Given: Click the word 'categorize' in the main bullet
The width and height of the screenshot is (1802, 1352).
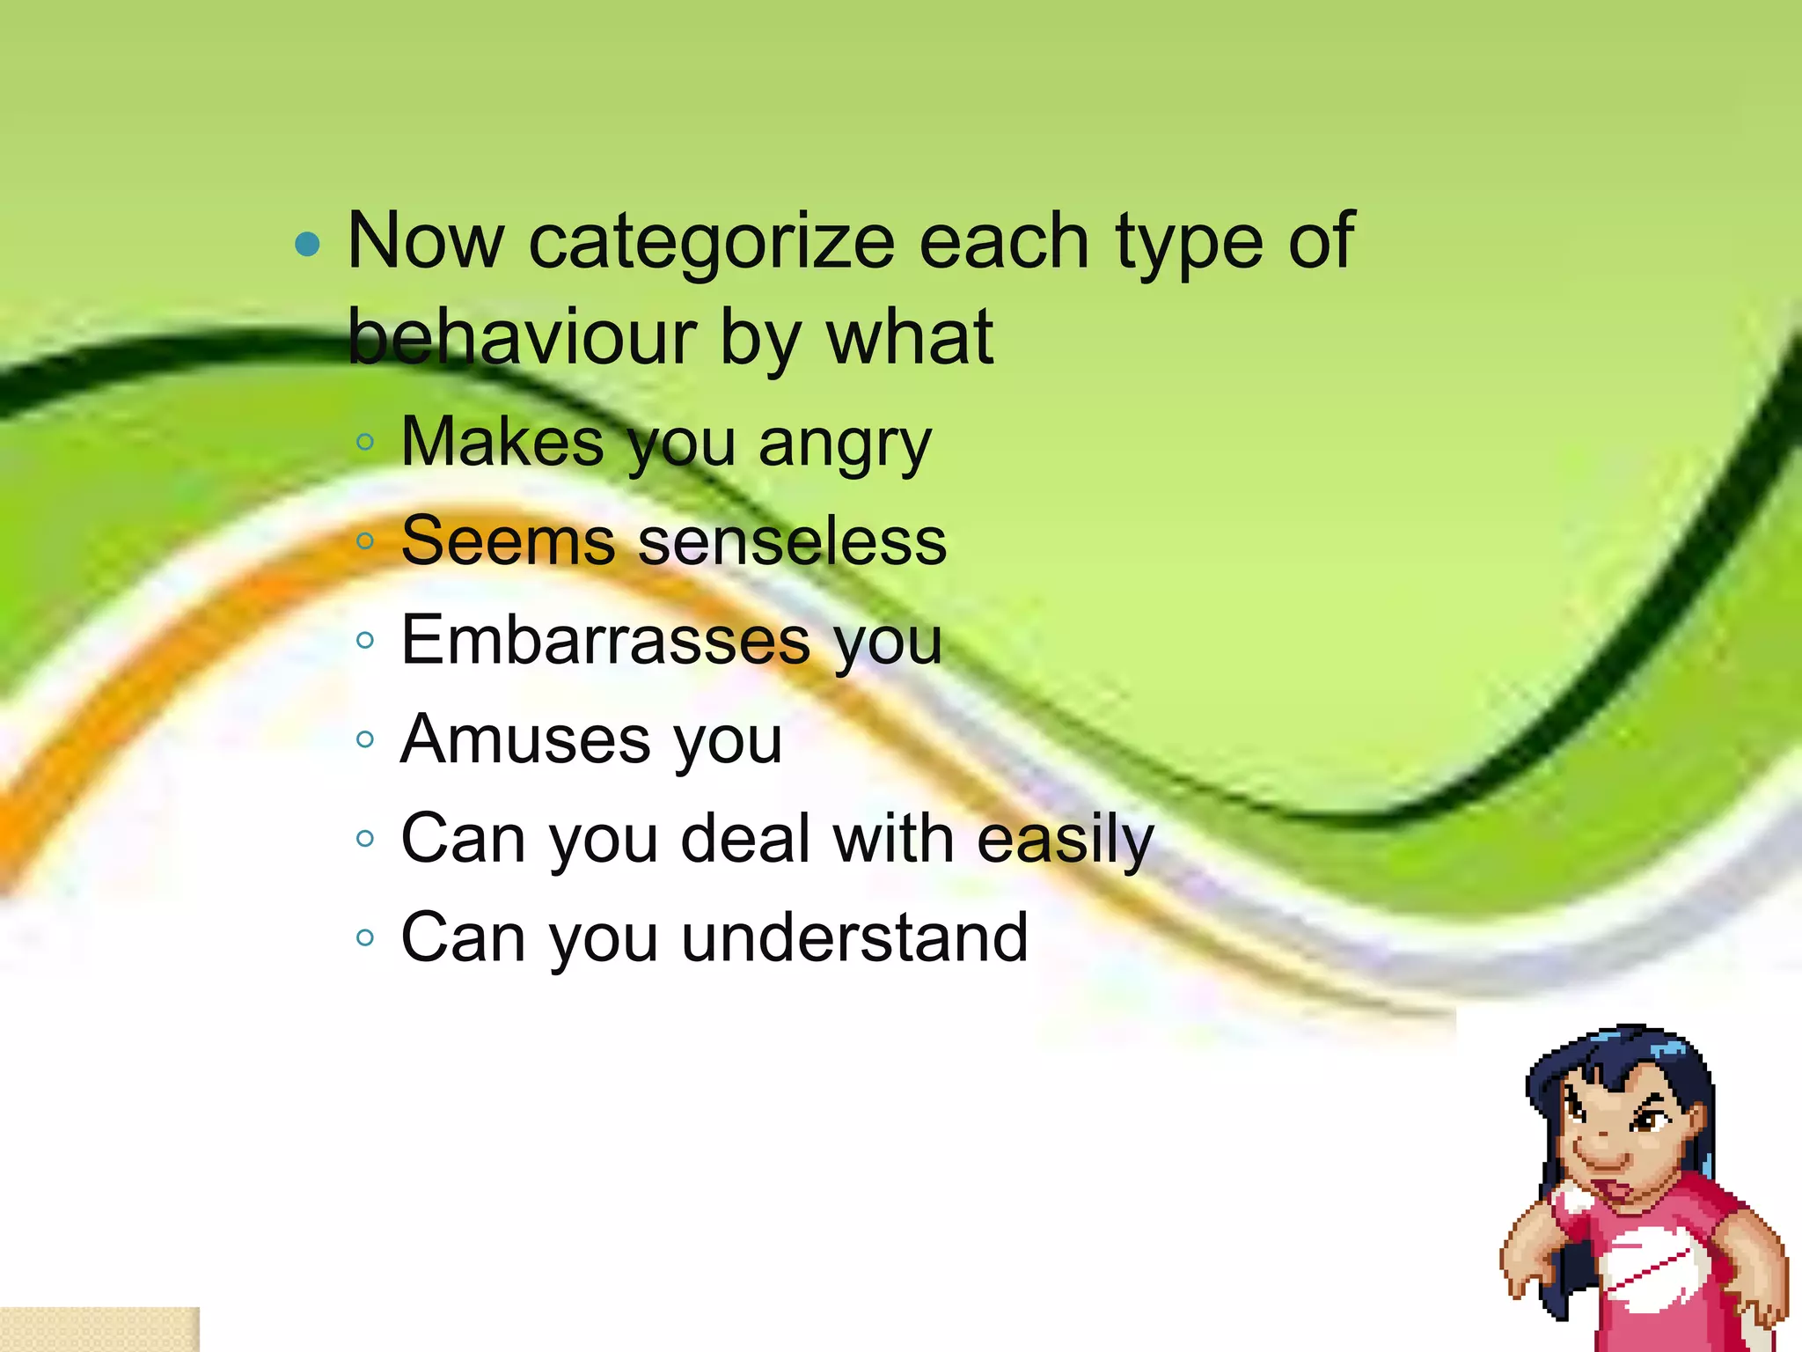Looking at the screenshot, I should tap(710, 243).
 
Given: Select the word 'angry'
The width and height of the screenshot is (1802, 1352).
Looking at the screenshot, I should tap(844, 444).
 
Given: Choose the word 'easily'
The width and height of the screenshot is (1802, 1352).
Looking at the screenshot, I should tap(1065, 839).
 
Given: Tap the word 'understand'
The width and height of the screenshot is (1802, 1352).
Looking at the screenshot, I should tap(854, 937).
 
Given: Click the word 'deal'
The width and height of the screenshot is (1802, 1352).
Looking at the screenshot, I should tap(745, 839).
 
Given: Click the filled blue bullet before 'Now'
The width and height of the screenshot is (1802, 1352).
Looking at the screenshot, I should tap(308, 244).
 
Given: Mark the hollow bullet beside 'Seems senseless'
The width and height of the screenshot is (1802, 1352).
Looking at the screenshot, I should tap(366, 541).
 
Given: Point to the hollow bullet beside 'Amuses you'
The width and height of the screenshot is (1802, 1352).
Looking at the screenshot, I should tap(366, 739).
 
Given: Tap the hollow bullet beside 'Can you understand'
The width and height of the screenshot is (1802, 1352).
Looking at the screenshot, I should tap(366, 938).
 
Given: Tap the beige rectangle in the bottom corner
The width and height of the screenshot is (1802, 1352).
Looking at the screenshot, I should tap(99, 1329).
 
